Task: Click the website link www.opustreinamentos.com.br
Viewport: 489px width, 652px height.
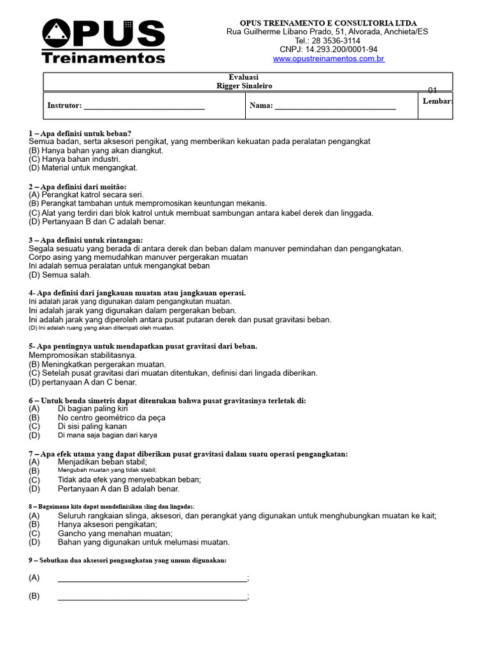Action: pyautogui.click(x=329, y=59)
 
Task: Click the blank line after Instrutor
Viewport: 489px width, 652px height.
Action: pyautogui.click(x=144, y=106)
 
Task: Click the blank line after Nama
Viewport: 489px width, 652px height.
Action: pyautogui.click(x=335, y=106)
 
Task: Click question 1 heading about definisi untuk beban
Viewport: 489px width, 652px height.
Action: pyautogui.click(x=80, y=133)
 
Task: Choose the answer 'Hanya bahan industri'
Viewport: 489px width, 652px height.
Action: pyautogui.click(x=74, y=159)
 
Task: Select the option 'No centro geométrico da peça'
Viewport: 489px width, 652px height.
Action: pyautogui.click(x=111, y=418)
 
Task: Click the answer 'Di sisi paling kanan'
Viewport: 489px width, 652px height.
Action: pyautogui.click(x=92, y=427)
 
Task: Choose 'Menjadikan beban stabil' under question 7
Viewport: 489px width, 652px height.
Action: pyautogui.click(x=102, y=462)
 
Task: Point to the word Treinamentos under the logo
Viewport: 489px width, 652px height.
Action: pyautogui.click(x=103, y=58)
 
